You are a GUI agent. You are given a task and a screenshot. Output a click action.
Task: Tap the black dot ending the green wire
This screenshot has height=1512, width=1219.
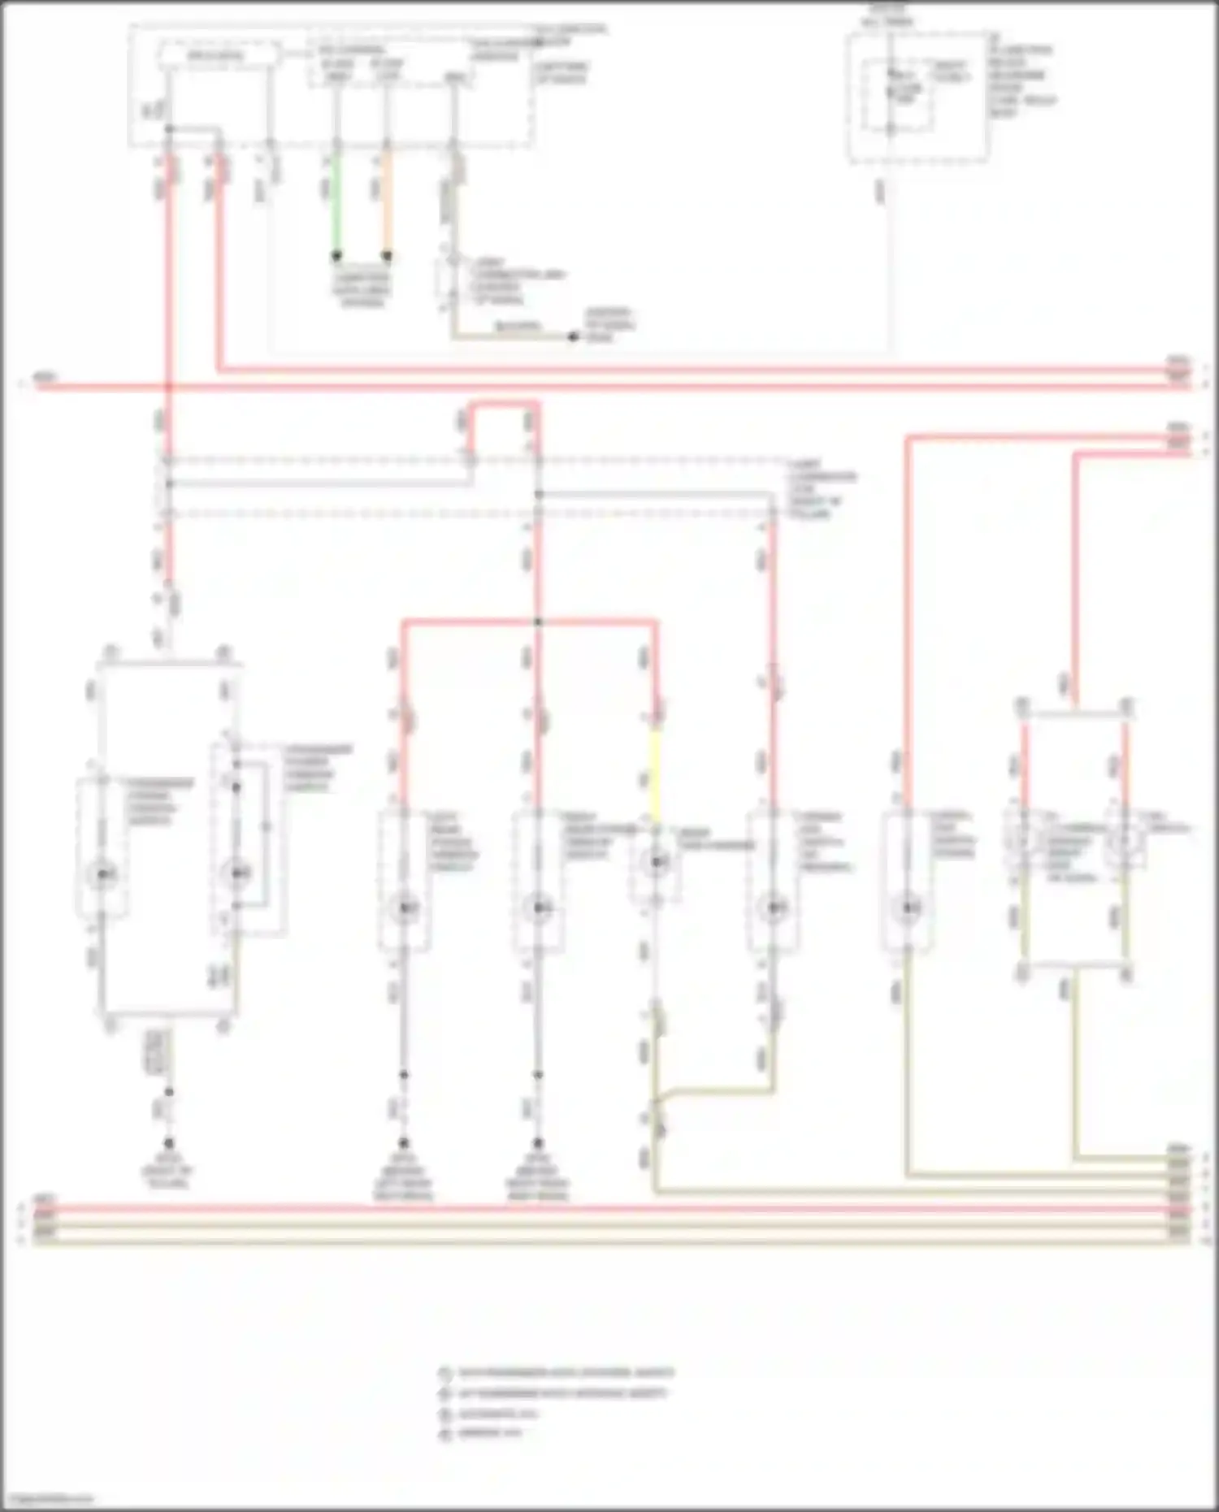point(336,256)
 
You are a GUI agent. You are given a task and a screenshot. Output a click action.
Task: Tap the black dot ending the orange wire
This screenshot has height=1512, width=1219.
point(387,256)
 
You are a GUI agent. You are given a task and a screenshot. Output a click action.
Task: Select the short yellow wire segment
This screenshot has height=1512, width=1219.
point(655,772)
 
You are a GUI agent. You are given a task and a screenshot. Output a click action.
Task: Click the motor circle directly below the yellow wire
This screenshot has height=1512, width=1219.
point(657,862)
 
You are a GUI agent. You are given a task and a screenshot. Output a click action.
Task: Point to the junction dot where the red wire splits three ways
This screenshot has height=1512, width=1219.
point(537,622)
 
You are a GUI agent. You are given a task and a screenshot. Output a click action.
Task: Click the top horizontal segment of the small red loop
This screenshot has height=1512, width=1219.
point(504,403)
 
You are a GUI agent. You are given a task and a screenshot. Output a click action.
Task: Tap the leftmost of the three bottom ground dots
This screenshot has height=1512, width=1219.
point(169,1142)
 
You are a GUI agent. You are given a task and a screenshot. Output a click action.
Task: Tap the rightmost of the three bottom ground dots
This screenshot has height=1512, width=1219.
point(537,1142)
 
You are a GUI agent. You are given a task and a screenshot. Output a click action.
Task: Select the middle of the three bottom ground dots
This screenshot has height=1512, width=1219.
point(404,1142)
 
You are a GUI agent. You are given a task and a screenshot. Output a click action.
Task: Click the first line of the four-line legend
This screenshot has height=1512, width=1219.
point(566,1373)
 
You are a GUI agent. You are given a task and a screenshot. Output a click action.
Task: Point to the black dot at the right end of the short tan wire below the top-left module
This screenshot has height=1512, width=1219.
point(573,336)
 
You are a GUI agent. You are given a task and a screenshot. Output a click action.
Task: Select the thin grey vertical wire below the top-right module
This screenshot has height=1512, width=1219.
point(891,260)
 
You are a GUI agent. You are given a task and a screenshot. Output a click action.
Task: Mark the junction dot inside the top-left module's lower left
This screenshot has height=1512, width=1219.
point(169,129)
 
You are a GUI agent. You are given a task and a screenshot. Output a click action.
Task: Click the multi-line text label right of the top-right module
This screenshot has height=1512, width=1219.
point(1021,81)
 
